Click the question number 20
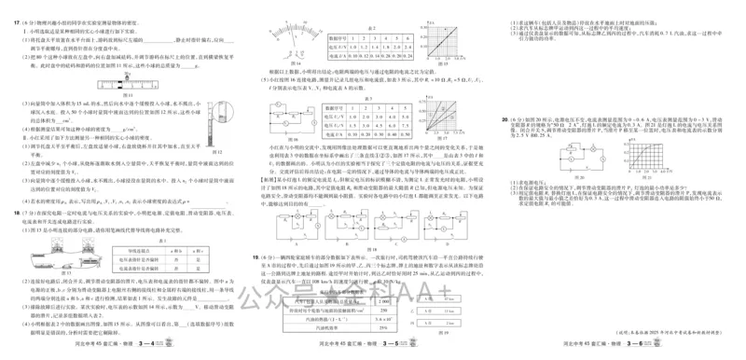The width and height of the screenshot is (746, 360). [x=503, y=119]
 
